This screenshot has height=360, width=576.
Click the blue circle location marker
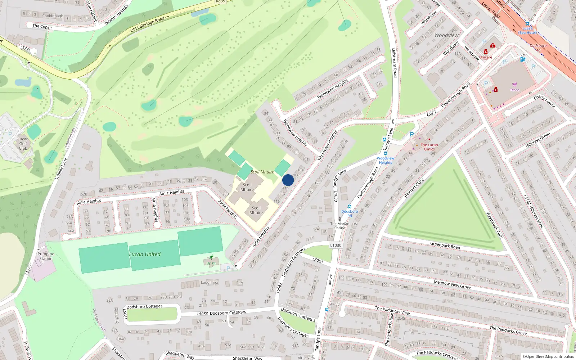click(288, 180)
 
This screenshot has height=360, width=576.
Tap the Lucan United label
click(145, 254)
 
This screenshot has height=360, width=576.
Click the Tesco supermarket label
click(514, 90)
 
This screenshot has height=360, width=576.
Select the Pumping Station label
click(46, 256)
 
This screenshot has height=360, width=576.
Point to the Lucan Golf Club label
click(23, 144)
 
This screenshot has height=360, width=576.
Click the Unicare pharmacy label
click(485, 57)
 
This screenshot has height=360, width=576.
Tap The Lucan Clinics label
click(429, 147)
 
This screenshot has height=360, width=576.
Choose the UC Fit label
click(211, 264)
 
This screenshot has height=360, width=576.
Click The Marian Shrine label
click(340, 226)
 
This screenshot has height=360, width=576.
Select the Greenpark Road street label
click(445, 246)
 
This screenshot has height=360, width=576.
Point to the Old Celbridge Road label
click(147, 24)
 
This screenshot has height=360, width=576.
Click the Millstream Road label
click(394, 62)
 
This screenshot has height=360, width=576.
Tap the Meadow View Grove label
click(452, 284)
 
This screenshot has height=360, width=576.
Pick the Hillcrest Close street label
click(414, 188)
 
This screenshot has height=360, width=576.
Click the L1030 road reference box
click(336, 245)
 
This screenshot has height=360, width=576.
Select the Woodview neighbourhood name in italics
click(446, 35)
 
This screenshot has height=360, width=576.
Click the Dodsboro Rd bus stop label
click(350, 213)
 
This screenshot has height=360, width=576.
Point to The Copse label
click(42, 26)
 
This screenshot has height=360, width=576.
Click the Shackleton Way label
click(180, 355)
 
